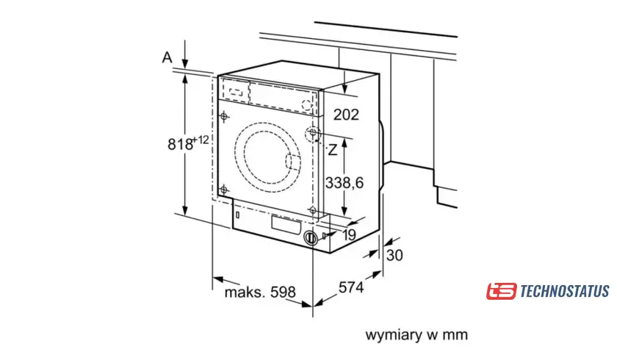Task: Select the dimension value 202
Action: coord(346,115)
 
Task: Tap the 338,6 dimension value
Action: coord(344,182)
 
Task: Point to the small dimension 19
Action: coord(350,235)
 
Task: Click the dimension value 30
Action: coord(394,256)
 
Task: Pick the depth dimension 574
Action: coord(350,288)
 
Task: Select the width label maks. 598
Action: coord(259,292)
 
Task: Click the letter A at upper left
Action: coord(167,57)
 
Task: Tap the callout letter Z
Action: coord(333,151)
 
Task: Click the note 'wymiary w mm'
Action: coord(416,335)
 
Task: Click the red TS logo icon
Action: coord(501,291)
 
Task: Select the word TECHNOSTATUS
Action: coord(564,292)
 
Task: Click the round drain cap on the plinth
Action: coord(311,238)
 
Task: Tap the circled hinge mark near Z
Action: coord(313,134)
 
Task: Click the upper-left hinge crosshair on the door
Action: coord(223,116)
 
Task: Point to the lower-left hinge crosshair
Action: coord(223,188)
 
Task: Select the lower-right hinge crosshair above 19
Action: coord(313,211)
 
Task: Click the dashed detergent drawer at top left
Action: coord(235,93)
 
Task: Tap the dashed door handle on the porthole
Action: coord(292,162)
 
